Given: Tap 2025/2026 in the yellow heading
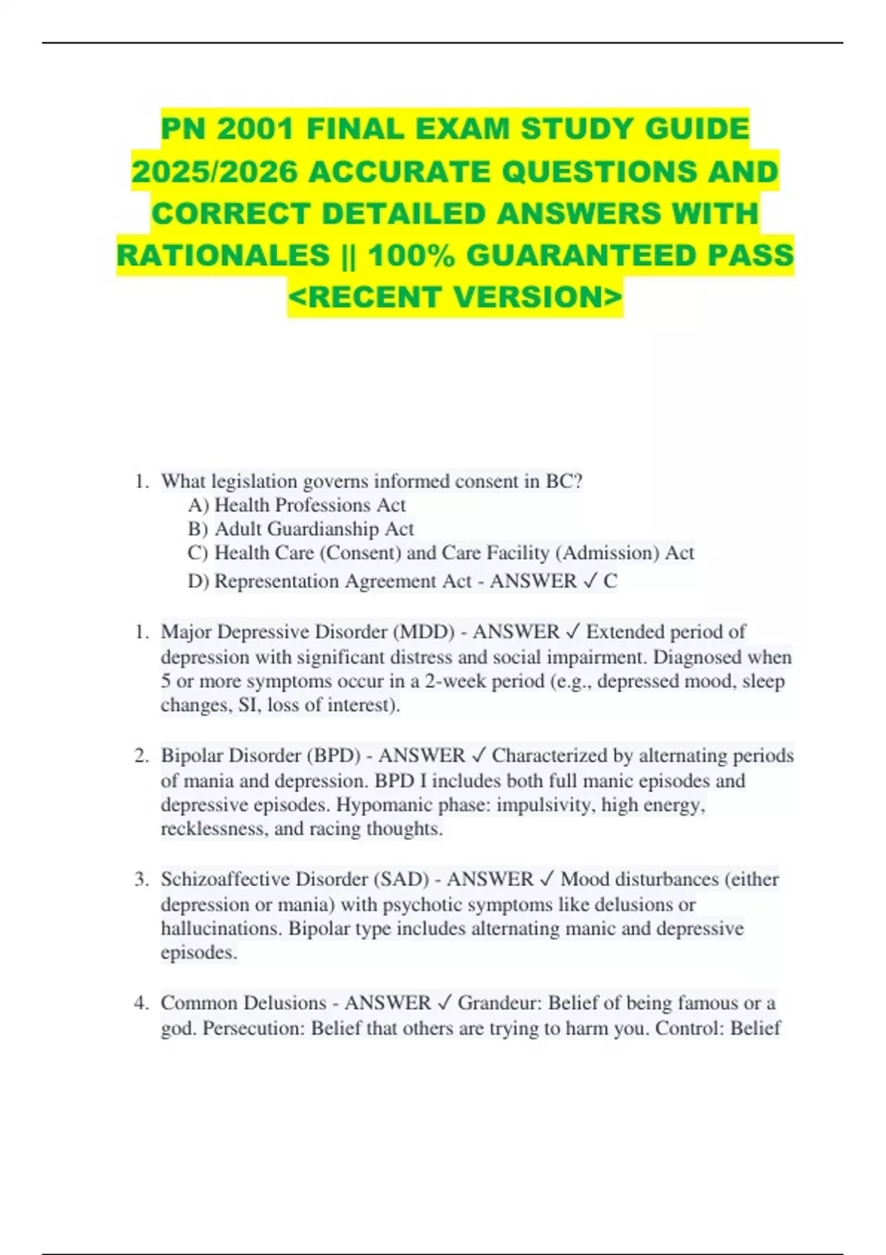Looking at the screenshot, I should pyautogui.click(x=215, y=171).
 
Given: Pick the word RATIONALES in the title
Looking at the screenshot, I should pyautogui.click(x=224, y=255).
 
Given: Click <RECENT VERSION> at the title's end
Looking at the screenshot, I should pyautogui.click(x=455, y=297).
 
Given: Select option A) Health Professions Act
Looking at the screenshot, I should pyautogui.click(x=297, y=505).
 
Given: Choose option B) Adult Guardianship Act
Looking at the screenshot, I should pyautogui.click(x=301, y=529).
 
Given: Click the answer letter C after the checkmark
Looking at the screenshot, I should pyautogui.click(x=610, y=582).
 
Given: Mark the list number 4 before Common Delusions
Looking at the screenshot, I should pyautogui.click(x=141, y=1003).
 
